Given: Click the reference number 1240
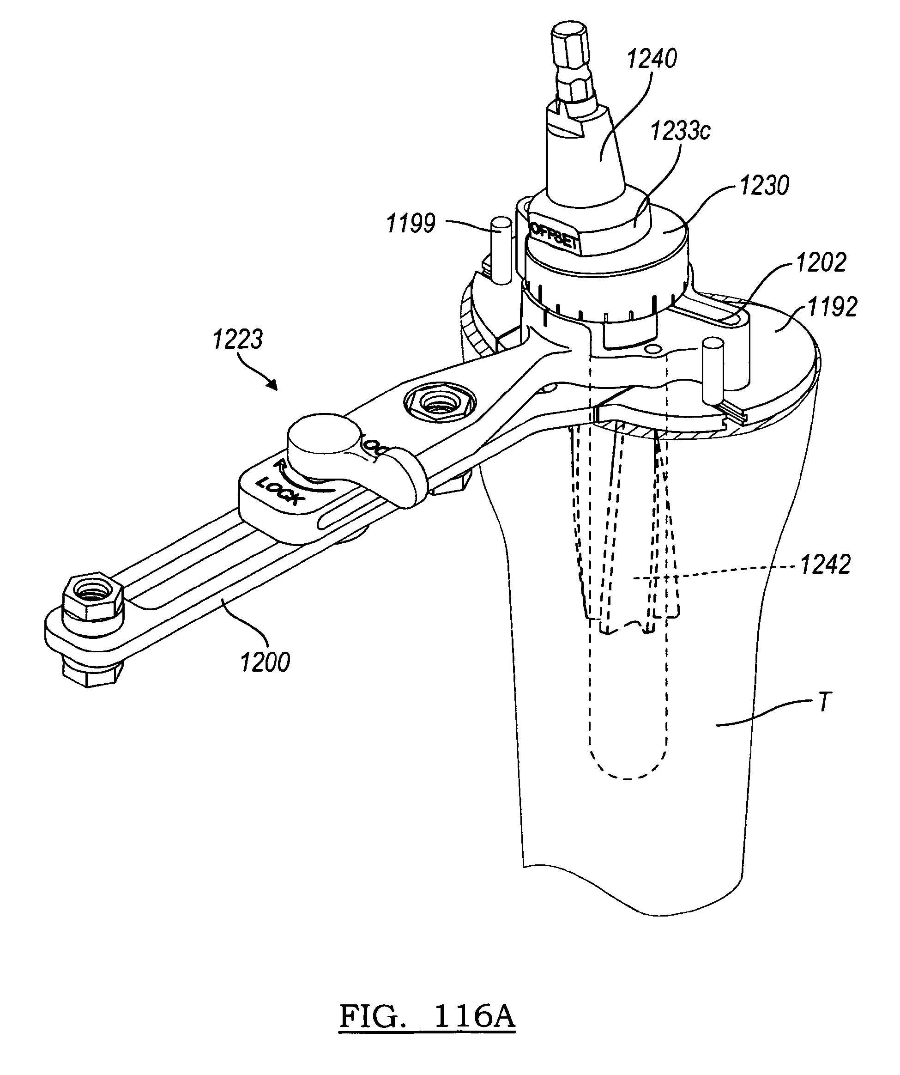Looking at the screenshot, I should [652, 60].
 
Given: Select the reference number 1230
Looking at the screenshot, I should [764, 186].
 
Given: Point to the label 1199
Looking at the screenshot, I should [411, 224].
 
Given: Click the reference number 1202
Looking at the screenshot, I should [821, 262].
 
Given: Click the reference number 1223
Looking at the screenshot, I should [238, 340].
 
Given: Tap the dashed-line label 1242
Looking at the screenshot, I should [825, 565].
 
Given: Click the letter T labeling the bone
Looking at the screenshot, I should [824, 703].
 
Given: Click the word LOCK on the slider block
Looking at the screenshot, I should [280, 491].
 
